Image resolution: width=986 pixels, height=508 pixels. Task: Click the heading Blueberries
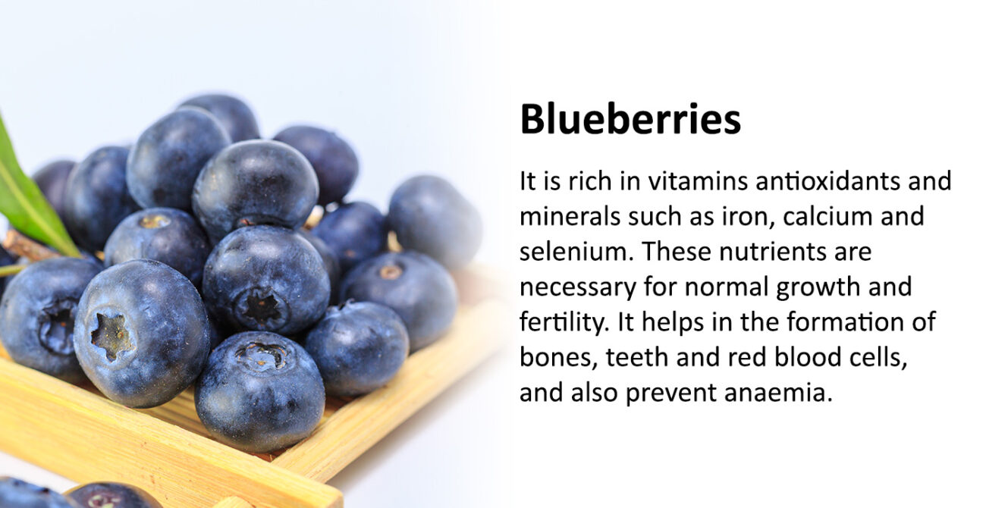pyautogui.click(x=630, y=119)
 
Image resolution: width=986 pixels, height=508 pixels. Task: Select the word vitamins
pyautogui.click(x=698, y=181)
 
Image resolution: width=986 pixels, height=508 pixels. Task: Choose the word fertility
pyautogui.click(x=565, y=323)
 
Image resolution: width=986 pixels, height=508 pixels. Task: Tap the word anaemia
pyautogui.click(x=778, y=392)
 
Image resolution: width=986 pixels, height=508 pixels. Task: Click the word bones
pyautogui.click(x=558, y=357)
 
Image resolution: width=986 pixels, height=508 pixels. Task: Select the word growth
pyautogui.click(x=818, y=288)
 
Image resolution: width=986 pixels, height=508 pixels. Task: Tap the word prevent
pyautogui.click(x=670, y=394)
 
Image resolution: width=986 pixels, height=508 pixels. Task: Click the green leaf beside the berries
pyautogui.click(x=31, y=193)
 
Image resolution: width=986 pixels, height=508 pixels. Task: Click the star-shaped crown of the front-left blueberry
pyautogui.click(x=111, y=335)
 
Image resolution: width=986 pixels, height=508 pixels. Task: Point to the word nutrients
pyautogui.click(x=771, y=252)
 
